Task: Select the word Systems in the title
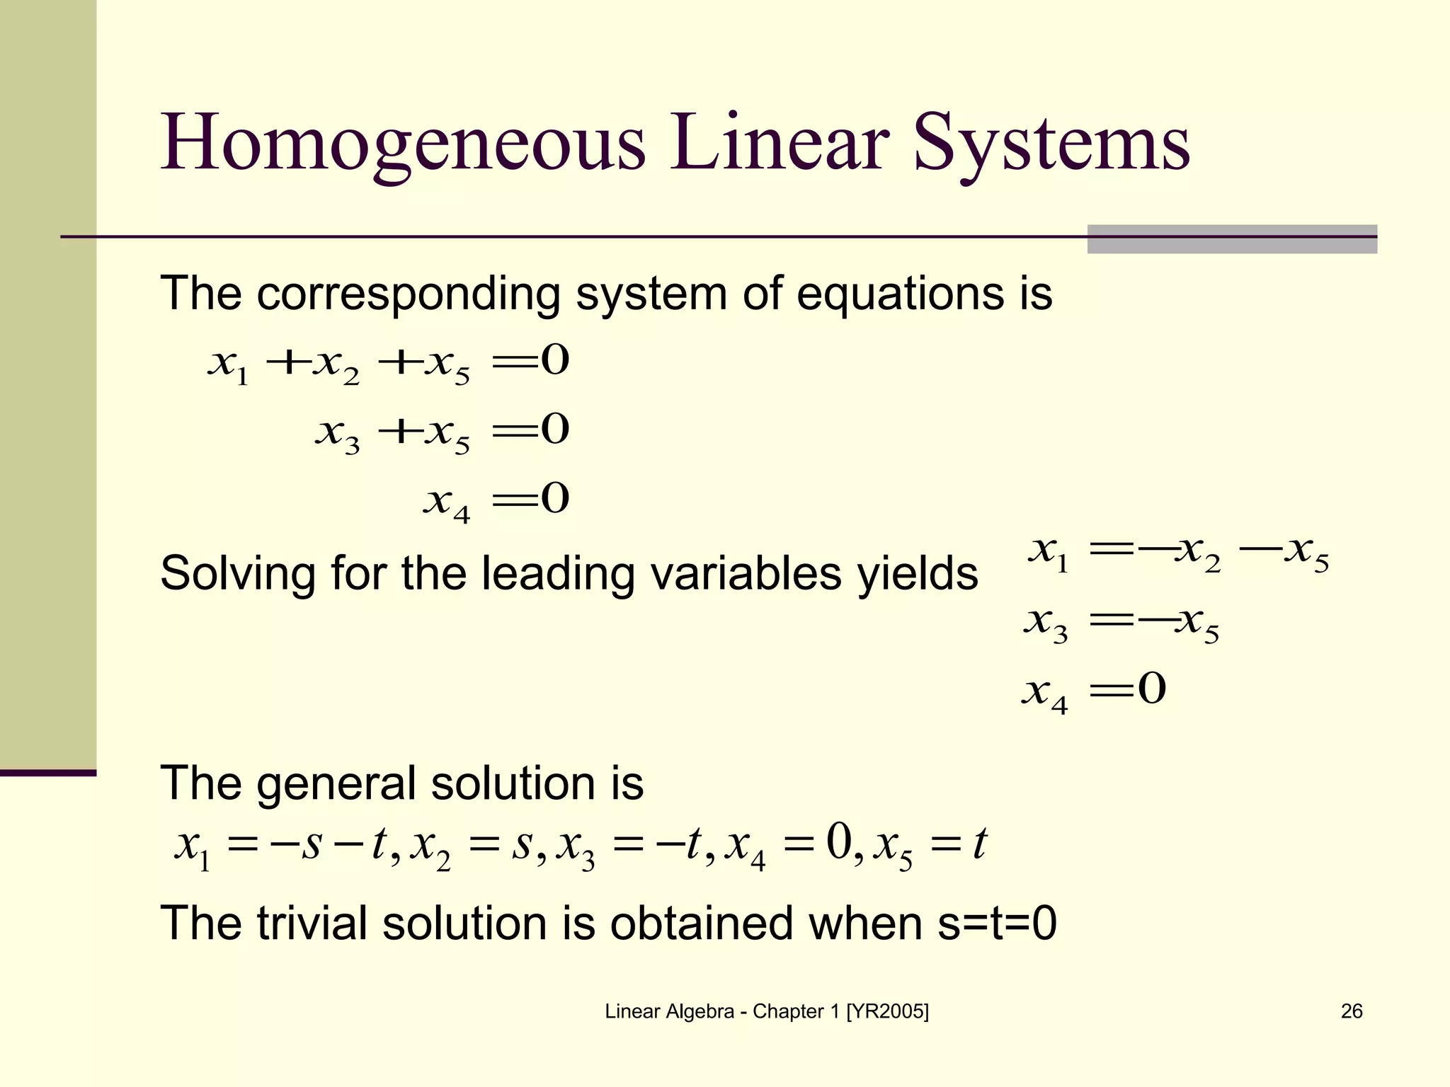tap(1052, 144)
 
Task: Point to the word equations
tap(900, 294)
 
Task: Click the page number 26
tap(1352, 1011)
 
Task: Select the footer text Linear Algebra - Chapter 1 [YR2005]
tap(767, 1011)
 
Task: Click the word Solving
tap(237, 573)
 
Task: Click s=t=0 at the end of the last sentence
tap(997, 924)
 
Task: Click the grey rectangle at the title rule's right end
tap(1232, 239)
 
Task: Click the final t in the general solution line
tap(979, 844)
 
